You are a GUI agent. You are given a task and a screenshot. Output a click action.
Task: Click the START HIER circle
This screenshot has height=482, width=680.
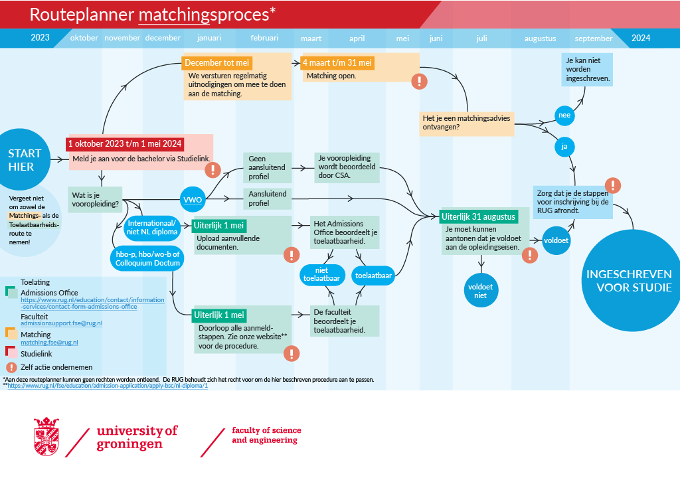[x=25, y=160]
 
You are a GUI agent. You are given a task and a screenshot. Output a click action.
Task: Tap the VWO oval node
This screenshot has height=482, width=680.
[x=193, y=199]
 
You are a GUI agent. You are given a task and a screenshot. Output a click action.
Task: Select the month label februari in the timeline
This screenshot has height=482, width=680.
[x=265, y=38]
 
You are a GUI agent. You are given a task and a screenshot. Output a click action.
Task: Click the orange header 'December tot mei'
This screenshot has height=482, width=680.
[x=217, y=63]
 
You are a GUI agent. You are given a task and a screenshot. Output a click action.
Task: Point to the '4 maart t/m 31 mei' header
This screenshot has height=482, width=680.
[x=338, y=63]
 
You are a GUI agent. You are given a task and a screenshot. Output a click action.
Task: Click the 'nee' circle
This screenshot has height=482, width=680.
[x=564, y=116]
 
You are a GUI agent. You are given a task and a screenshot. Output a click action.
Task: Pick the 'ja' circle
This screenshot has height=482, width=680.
[x=564, y=146]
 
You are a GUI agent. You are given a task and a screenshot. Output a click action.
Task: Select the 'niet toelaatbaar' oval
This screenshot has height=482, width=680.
[x=321, y=274]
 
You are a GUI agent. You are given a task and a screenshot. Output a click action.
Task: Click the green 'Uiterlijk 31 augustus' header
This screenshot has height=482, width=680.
[x=477, y=216]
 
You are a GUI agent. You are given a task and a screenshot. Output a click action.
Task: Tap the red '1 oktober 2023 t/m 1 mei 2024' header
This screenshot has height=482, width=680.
[x=125, y=143]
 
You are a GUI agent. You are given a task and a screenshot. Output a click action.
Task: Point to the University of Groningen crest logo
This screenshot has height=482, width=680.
[x=46, y=436]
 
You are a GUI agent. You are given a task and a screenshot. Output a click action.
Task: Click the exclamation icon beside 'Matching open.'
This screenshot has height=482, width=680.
[x=420, y=81]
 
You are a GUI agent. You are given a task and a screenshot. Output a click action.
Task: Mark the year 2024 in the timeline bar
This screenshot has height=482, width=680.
[x=640, y=38]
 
